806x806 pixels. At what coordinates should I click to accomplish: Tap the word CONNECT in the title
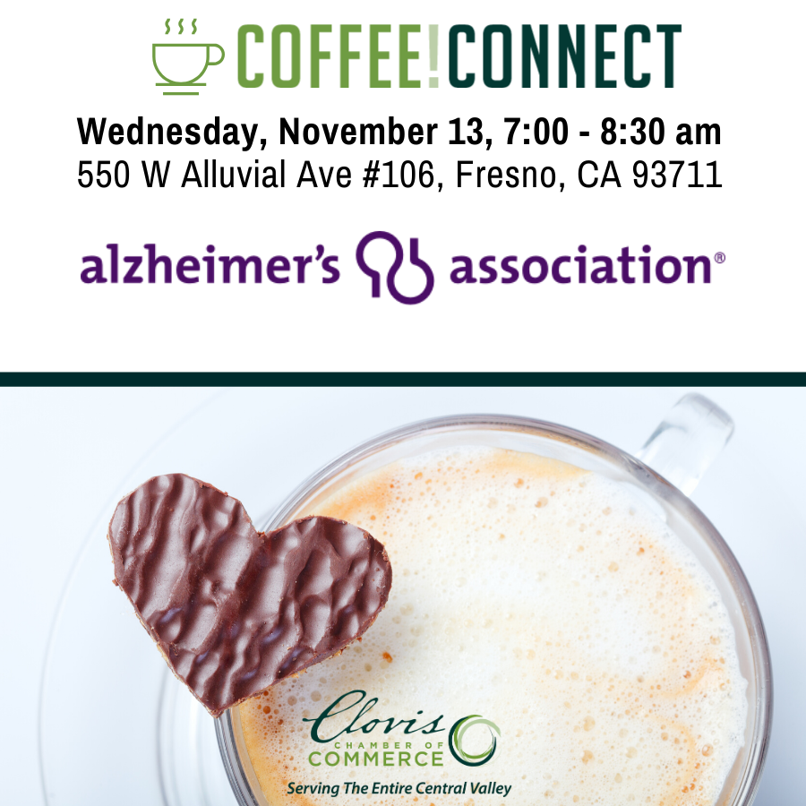[565, 56]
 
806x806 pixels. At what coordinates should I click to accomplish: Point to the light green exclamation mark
[433, 56]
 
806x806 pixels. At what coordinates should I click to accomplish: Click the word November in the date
[358, 132]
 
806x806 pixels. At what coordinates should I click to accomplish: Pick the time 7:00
[536, 132]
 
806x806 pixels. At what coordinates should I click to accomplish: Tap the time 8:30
[632, 132]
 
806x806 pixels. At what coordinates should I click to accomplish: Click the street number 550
[103, 175]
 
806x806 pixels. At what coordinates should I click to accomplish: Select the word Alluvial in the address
[233, 174]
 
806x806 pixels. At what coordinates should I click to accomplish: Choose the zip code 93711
[677, 175]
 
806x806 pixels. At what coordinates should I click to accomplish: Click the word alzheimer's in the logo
[210, 265]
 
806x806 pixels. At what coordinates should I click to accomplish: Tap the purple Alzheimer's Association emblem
[395, 267]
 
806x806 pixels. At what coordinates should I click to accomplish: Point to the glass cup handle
[686, 442]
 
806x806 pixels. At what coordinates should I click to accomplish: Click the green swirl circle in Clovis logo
[475, 741]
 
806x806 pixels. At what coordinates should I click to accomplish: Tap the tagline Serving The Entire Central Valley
[399, 788]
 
